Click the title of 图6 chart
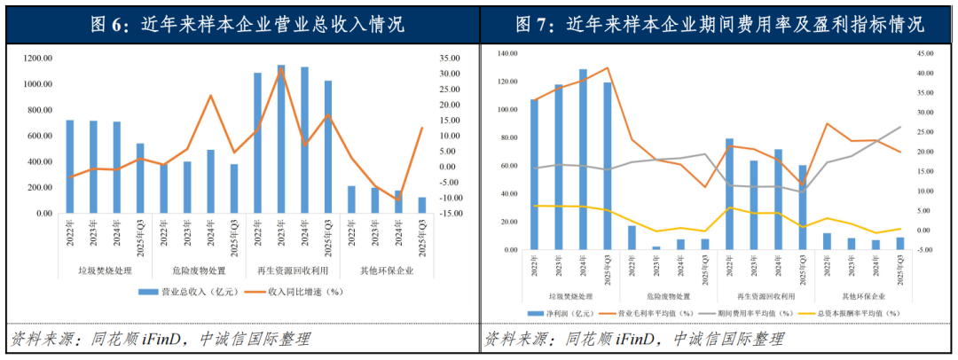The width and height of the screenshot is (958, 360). click(x=239, y=24)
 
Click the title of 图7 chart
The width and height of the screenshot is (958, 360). click(x=718, y=24)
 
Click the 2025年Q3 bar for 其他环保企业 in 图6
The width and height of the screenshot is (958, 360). click(x=421, y=205)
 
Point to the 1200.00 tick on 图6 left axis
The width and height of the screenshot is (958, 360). click(x=38, y=59)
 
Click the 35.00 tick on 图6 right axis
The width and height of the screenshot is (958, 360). click(x=449, y=59)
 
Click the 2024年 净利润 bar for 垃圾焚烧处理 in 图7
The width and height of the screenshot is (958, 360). click(x=583, y=160)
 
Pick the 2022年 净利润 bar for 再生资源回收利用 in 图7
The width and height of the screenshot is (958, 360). click(x=729, y=194)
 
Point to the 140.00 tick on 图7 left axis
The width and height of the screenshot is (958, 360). click(x=507, y=54)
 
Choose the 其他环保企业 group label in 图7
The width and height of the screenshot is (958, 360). click(x=862, y=295)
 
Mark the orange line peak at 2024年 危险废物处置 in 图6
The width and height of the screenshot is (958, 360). click(x=211, y=96)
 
